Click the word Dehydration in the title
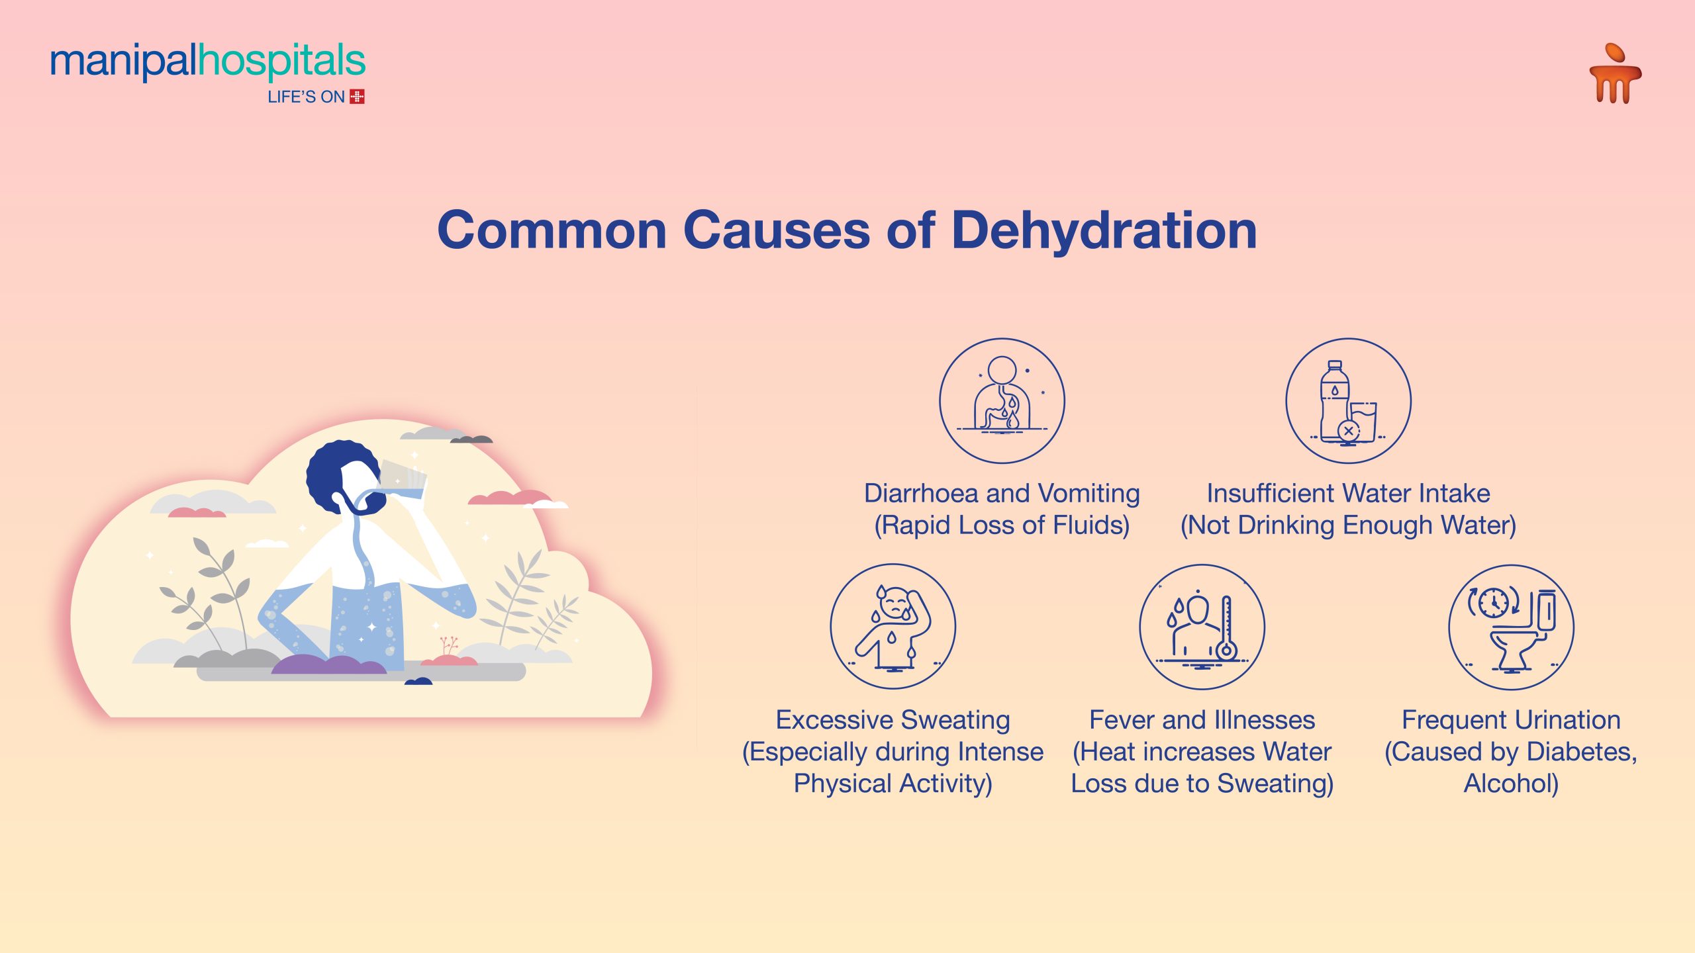1104,230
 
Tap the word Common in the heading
552,230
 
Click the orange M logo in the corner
1615,74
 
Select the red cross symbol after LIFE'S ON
357,97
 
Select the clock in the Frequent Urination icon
1493,602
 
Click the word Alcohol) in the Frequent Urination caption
1511,784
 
